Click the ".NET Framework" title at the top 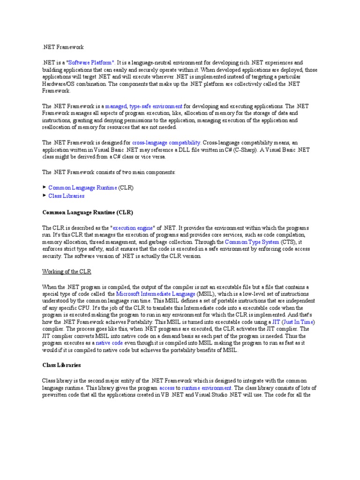[x=63, y=47]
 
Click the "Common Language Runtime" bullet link [x=82, y=187]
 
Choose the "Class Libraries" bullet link [x=67, y=196]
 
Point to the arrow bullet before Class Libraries [x=45, y=195]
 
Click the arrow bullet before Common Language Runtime [x=45, y=187]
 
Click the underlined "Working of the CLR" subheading [x=67, y=272]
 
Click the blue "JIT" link [x=277, y=322]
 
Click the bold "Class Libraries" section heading [x=62, y=365]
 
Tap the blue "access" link [x=167, y=388]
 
